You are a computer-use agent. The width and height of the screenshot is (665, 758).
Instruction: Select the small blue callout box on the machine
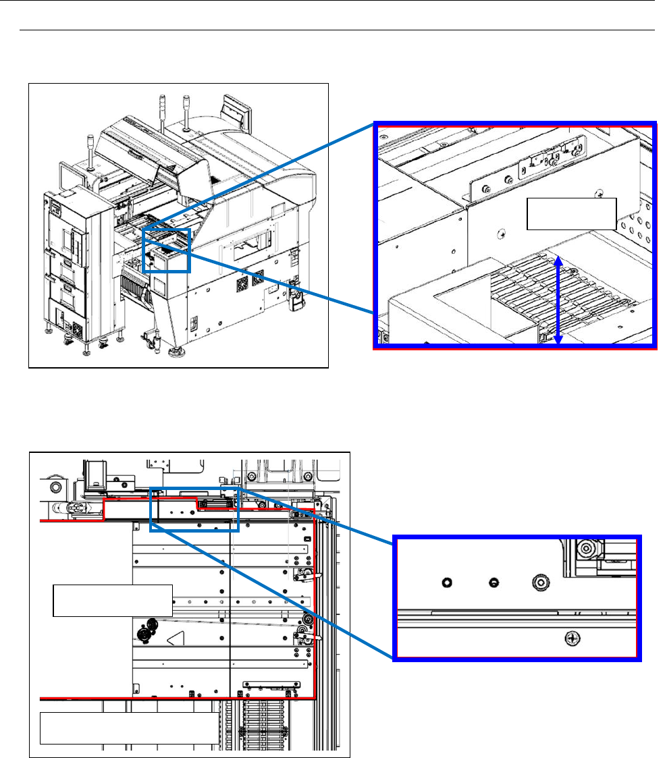tap(167, 250)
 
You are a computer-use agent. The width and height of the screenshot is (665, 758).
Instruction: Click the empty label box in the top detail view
tap(571, 214)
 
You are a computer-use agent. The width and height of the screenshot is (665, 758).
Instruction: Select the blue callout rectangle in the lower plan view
tap(194, 509)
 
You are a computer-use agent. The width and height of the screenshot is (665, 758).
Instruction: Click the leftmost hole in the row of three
tap(446, 581)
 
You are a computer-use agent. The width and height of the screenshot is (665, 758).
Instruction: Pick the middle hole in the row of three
tap(494, 581)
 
